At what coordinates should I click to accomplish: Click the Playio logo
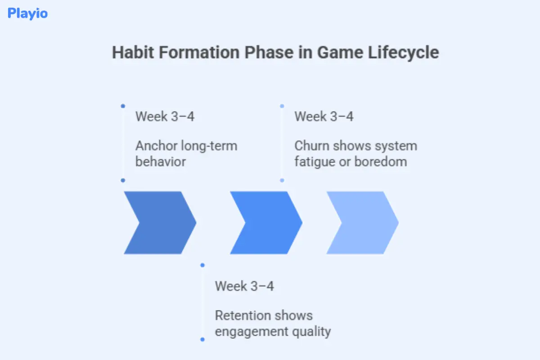27,13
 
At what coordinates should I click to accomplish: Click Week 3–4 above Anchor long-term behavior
165,117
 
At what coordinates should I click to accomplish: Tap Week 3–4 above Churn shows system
324,117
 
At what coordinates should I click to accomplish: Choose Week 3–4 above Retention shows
244,286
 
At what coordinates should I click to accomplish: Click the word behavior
160,162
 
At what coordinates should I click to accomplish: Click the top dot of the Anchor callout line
123,106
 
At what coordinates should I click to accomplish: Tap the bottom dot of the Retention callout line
202,339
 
